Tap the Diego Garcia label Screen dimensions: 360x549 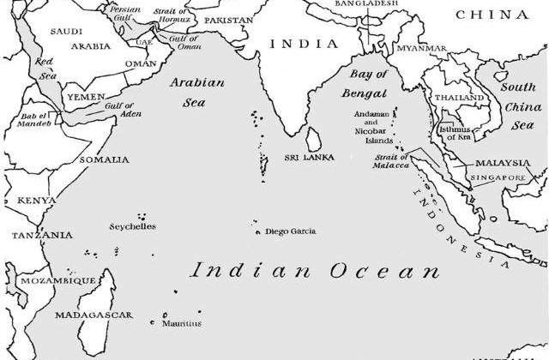290,231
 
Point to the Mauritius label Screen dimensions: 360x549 181,323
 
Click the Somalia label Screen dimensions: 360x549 104,159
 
